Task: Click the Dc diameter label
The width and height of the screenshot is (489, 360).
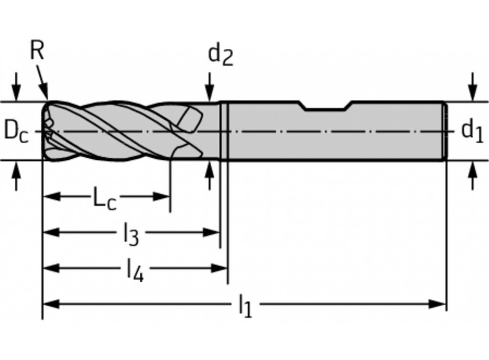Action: click(x=16, y=132)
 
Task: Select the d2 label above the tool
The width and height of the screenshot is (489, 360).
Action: click(x=220, y=55)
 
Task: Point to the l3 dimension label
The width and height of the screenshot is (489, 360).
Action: click(x=131, y=235)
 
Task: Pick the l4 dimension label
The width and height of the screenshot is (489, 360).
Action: click(x=134, y=270)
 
